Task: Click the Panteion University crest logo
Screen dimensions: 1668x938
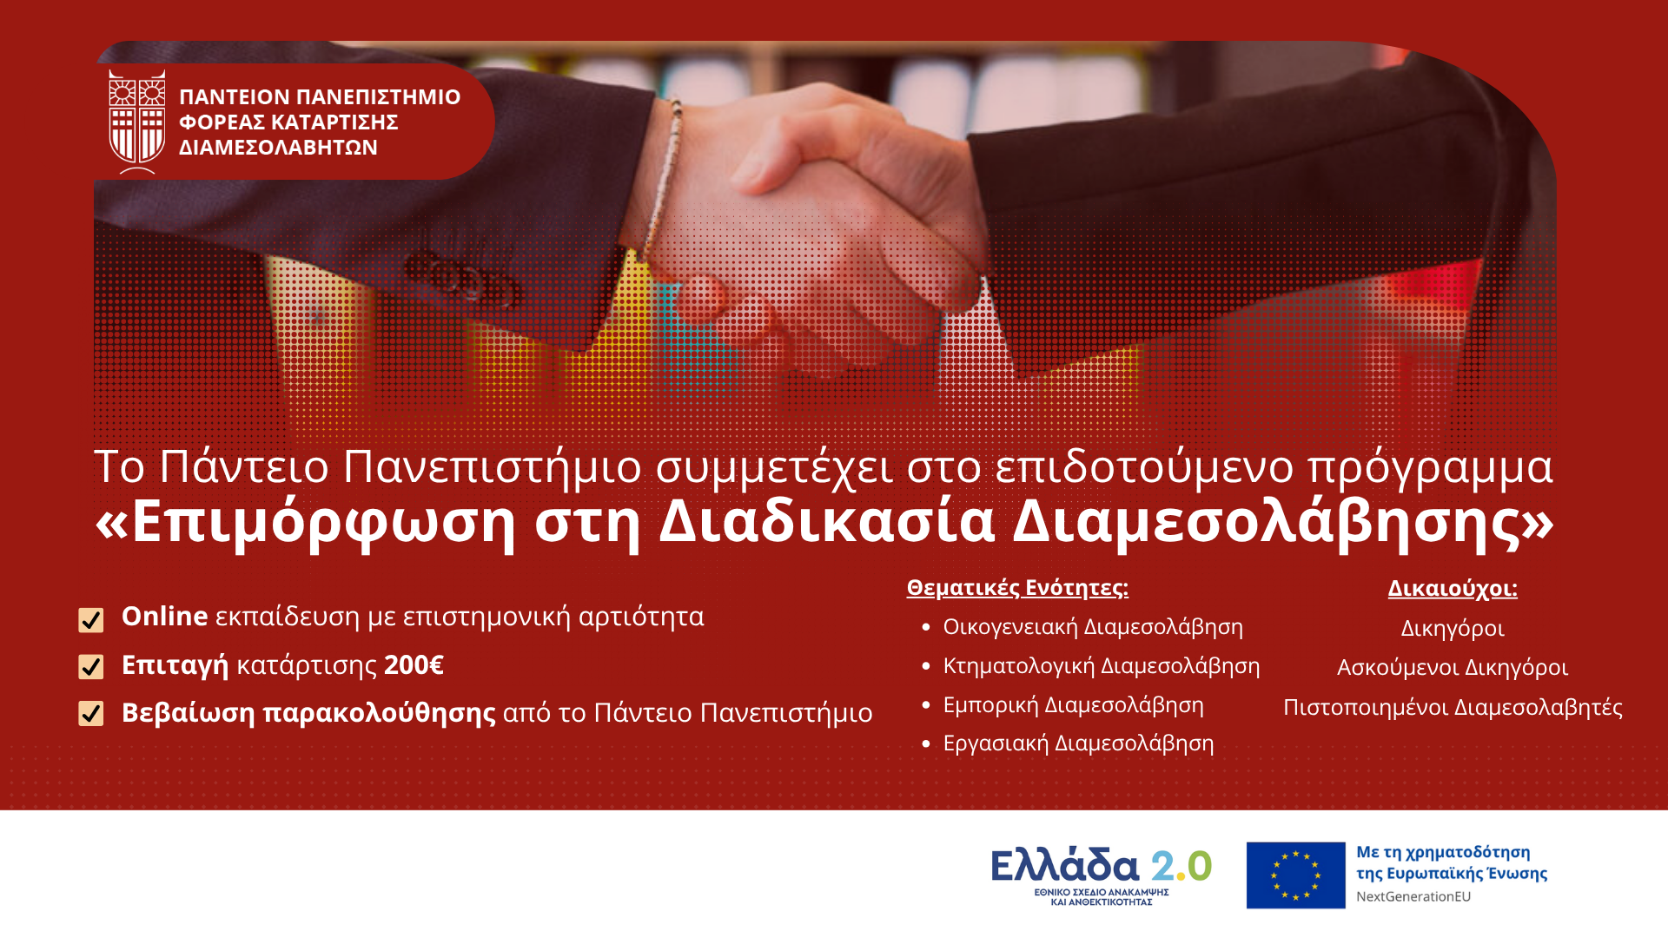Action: pyautogui.click(x=137, y=122)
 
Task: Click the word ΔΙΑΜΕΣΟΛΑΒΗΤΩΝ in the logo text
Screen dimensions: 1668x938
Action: pyautogui.click(x=278, y=148)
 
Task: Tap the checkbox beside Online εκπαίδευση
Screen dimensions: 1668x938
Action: pyautogui.click(x=91, y=620)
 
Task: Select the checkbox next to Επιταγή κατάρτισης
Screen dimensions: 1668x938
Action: pyautogui.click(x=91, y=666)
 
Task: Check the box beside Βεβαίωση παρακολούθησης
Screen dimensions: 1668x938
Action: pyautogui.click(x=91, y=713)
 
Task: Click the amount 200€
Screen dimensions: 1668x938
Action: pyautogui.click(x=414, y=665)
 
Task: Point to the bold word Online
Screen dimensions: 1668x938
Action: pyautogui.click(x=165, y=616)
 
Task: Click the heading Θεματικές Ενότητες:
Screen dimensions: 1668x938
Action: pyautogui.click(x=1017, y=588)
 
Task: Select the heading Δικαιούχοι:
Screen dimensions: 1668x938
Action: pyautogui.click(x=1453, y=589)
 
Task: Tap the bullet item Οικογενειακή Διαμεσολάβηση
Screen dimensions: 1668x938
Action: pyautogui.click(x=1093, y=627)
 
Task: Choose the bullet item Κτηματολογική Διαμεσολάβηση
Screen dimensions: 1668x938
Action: pyautogui.click(x=1102, y=666)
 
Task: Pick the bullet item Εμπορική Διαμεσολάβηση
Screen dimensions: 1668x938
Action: pyautogui.click(x=1074, y=705)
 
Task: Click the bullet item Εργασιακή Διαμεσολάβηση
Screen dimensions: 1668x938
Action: pyautogui.click(x=1078, y=743)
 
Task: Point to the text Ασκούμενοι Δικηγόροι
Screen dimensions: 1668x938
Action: pyautogui.click(x=1453, y=668)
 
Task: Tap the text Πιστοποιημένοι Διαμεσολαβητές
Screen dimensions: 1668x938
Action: pyautogui.click(x=1453, y=708)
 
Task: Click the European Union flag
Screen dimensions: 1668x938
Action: pyautogui.click(x=1295, y=875)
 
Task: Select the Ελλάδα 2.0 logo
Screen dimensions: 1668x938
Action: pyautogui.click(x=1102, y=875)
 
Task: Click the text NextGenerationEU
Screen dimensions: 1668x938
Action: pyautogui.click(x=1413, y=896)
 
